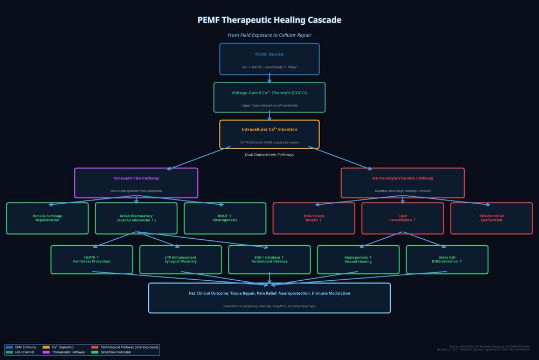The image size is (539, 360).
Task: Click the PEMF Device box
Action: click(269, 59)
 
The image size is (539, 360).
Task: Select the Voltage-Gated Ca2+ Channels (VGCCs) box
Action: click(269, 97)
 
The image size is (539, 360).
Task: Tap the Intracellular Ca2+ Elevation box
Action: click(269, 134)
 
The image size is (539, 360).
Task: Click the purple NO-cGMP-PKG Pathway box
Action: click(136, 183)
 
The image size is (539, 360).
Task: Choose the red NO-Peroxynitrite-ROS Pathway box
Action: click(402, 183)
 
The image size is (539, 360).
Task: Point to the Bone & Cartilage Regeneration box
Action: click(47, 218)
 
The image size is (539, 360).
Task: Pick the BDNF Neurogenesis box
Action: click(225, 218)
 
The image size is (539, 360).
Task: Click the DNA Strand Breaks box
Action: click(314, 218)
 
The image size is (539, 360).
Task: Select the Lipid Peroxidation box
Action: click(402, 218)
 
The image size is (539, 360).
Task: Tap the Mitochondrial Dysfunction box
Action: click(491, 218)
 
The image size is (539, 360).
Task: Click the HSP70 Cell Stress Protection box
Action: click(92, 259)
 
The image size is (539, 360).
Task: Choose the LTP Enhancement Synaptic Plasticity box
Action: click(181, 259)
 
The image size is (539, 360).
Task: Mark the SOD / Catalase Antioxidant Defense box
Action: click(269, 259)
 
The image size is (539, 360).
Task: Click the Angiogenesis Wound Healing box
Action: click(358, 259)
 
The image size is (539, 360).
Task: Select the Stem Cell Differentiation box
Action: click(447, 259)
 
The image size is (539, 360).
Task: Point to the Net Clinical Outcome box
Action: click(269, 297)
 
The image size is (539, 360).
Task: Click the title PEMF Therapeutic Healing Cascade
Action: click(269, 20)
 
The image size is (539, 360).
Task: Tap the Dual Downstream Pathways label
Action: click(269, 155)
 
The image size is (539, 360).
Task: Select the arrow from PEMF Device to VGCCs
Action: click(269, 78)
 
